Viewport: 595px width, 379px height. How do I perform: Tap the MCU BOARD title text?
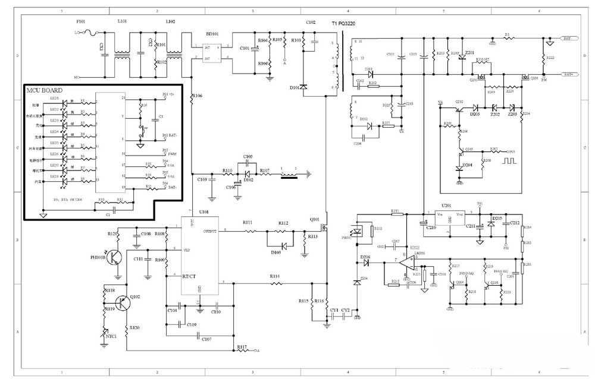pyautogui.click(x=45, y=90)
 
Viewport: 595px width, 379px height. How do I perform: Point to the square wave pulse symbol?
pyautogui.click(x=509, y=160)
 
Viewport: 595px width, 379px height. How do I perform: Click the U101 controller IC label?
pyautogui.click(x=203, y=211)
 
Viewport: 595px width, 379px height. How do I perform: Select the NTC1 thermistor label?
pyautogui.click(x=111, y=336)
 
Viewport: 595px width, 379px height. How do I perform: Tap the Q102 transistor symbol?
pyautogui.click(x=123, y=303)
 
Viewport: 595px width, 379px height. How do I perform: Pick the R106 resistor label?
pyautogui.click(x=198, y=96)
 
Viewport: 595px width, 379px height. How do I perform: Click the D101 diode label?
pyautogui.click(x=294, y=88)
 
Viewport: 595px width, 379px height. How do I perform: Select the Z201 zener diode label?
pyautogui.click(x=470, y=53)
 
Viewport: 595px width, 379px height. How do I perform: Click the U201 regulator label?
pyautogui.click(x=446, y=204)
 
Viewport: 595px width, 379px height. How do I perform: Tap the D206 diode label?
pyautogui.click(x=365, y=258)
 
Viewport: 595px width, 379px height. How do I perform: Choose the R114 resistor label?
pyautogui.click(x=275, y=276)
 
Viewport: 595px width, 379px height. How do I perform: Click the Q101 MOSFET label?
pyautogui.click(x=315, y=219)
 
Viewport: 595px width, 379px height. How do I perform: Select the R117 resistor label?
pyautogui.click(x=242, y=346)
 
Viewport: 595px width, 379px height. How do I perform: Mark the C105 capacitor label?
pyautogui.click(x=248, y=157)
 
